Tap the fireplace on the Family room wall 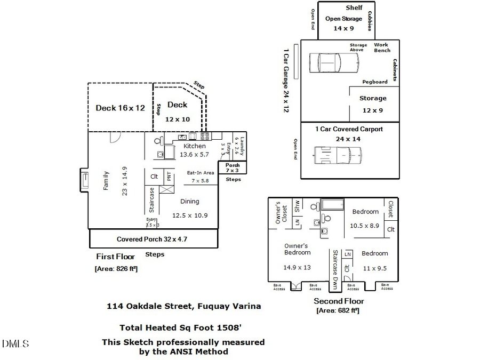point(84,180)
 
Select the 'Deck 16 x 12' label point(120,108)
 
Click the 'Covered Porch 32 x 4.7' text point(152,239)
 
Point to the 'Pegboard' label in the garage point(375,82)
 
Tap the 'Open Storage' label point(343,19)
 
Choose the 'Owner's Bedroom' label point(297,249)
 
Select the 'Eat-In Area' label point(200,173)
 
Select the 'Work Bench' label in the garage point(381,47)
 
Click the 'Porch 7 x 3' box point(233,168)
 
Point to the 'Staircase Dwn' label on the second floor point(335,269)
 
